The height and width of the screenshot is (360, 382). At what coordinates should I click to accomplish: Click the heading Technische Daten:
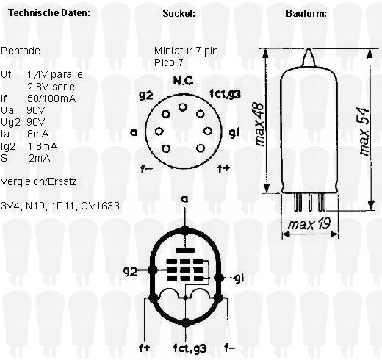(x=49, y=12)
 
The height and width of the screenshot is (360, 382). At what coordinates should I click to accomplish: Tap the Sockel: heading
(x=179, y=13)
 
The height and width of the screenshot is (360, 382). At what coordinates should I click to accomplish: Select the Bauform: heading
(x=306, y=13)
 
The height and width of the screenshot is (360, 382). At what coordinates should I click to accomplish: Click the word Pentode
(x=21, y=51)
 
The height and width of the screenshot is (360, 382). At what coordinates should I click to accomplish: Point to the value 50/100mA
(x=51, y=98)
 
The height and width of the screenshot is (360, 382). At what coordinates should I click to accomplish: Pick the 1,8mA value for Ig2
(x=43, y=146)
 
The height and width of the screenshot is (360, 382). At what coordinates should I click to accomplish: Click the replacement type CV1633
(x=100, y=206)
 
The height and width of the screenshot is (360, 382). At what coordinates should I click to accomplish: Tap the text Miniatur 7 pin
(x=186, y=51)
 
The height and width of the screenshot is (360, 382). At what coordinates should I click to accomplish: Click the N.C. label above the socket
(x=184, y=81)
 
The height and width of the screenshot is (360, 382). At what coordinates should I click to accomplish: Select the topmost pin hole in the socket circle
(x=183, y=107)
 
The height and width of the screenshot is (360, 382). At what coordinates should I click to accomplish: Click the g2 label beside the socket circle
(x=146, y=95)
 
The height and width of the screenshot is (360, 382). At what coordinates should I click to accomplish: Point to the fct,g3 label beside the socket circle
(x=226, y=93)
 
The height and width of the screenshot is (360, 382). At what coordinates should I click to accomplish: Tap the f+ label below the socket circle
(x=224, y=168)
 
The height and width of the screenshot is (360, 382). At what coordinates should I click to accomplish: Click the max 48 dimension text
(x=259, y=124)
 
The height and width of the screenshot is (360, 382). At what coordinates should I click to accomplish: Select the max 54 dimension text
(x=364, y=132)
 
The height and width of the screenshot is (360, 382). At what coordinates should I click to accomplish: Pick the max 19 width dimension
(x=309, y=223)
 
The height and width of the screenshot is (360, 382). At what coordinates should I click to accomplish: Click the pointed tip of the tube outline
(x=309, y=49)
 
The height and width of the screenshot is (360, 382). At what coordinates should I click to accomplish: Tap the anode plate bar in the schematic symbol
(x=185, y=251)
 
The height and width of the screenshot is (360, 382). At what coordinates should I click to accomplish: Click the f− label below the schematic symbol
(x=230, y=348)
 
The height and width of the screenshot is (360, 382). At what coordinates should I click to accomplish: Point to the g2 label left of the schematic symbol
(x=130, y=271)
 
